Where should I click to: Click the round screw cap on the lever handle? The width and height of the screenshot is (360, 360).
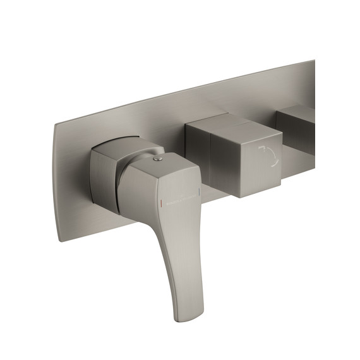(158, 162)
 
